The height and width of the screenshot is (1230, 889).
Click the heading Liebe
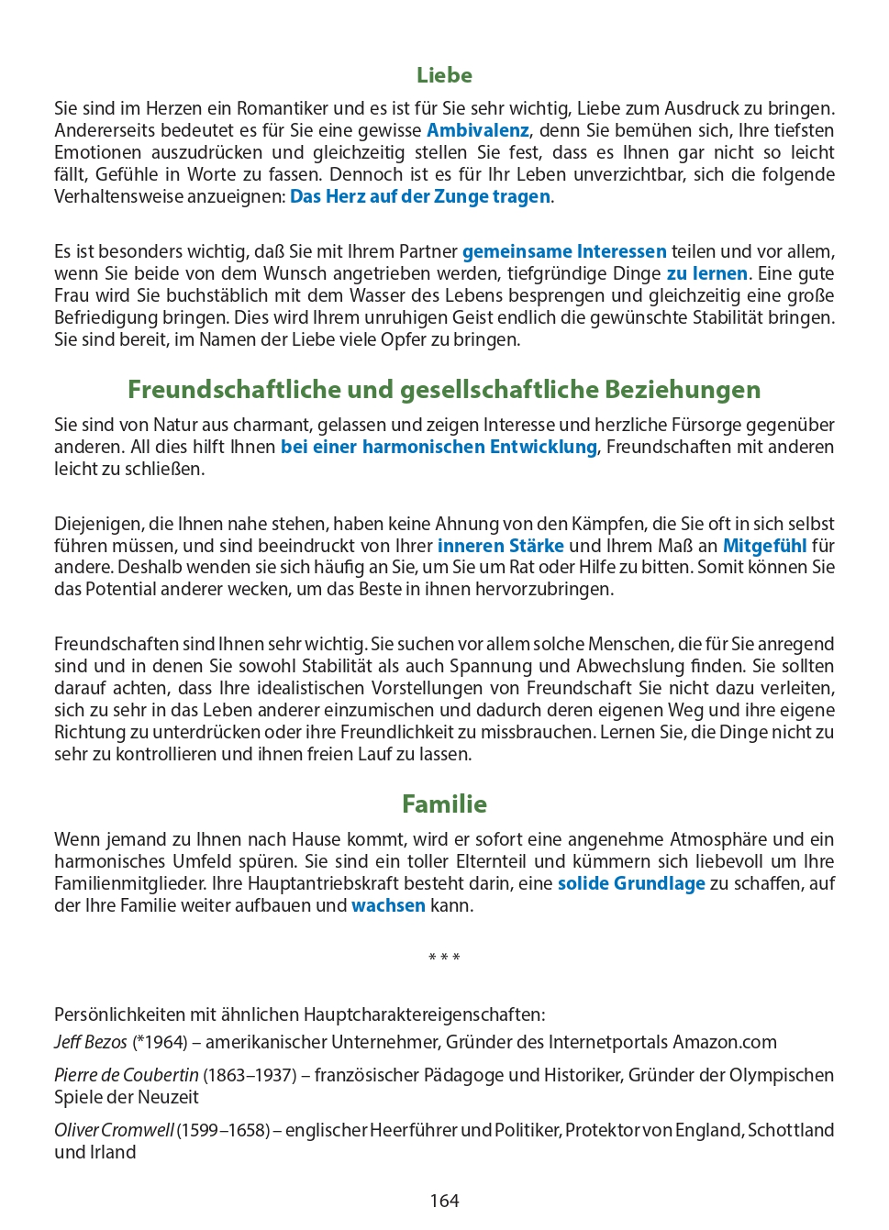tap(444, 75)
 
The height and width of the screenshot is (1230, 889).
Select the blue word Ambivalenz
tap(477, 130)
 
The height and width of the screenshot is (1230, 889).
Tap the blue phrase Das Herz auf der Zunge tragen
tap(420, 196)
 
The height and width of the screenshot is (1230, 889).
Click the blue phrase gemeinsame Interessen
tap(564, 251)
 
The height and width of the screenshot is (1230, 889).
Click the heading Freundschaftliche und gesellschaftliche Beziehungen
tap(444, 390)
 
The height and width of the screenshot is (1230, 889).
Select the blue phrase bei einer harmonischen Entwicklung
tap(439, 447)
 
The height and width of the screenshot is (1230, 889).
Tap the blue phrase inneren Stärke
tap(500, 546)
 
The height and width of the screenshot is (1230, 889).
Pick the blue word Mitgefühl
tap(764, 546)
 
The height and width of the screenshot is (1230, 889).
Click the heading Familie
tap(444, 804)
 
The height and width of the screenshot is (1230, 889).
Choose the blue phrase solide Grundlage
tap(631, 883)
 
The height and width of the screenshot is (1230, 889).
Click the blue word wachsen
tap(388, 905)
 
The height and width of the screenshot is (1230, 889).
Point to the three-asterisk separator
tap(444, 958)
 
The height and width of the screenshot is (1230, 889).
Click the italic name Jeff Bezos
tap(90, 1042)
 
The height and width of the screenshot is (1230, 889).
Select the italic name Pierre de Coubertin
tap(126, 1075)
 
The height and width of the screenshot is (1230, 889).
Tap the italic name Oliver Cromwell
tap(113, 1130)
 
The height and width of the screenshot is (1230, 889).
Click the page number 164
tap(444, 1201)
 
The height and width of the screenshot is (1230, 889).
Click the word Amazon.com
tap(725, 1042)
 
